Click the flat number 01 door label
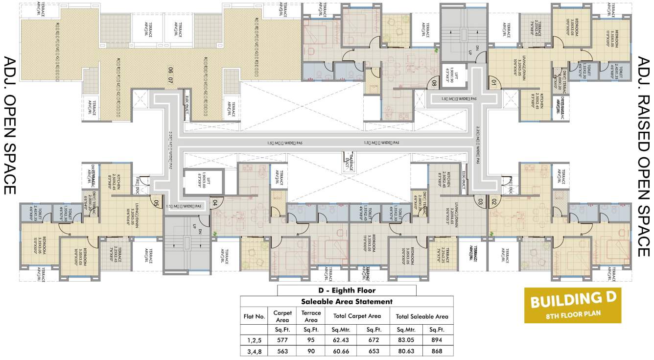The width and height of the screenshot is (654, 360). (493, 82)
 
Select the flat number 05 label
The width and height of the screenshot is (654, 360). (156, 202)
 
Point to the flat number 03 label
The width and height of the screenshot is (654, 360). (480, 201)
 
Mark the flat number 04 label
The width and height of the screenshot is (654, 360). (214, 201)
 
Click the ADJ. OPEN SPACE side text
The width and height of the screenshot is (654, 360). (11, 125)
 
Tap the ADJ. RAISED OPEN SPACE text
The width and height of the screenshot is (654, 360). (643, 157)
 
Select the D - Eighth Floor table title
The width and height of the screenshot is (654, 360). (347, 290)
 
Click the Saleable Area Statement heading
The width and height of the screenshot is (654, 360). (347, 302)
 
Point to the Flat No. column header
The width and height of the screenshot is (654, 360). (255, 316)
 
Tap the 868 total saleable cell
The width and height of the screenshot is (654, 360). (434, 351)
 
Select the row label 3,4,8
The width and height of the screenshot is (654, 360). (255, 351)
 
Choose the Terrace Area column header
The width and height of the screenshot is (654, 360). (311, 316)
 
